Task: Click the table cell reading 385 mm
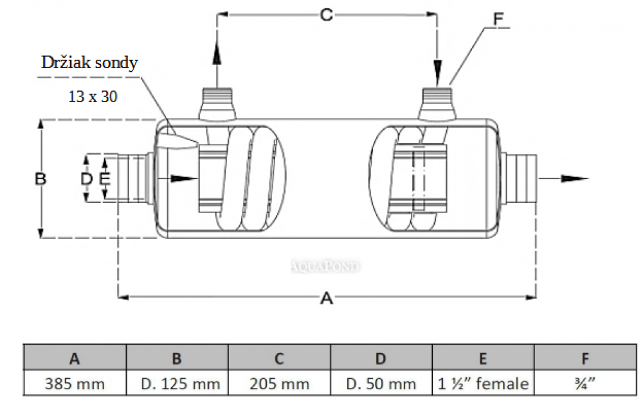[75, 384]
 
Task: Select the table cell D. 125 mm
[177, 384]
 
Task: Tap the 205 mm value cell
[279, 384]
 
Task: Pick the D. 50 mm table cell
[381, 384]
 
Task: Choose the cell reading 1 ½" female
[483, 384]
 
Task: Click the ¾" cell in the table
[585, 384]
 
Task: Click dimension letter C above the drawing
[327, 15]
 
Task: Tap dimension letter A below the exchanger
[327, 298]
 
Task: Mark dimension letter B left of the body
[41, 179]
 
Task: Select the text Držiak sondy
[89, 62]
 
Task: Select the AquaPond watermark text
[327, 266]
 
